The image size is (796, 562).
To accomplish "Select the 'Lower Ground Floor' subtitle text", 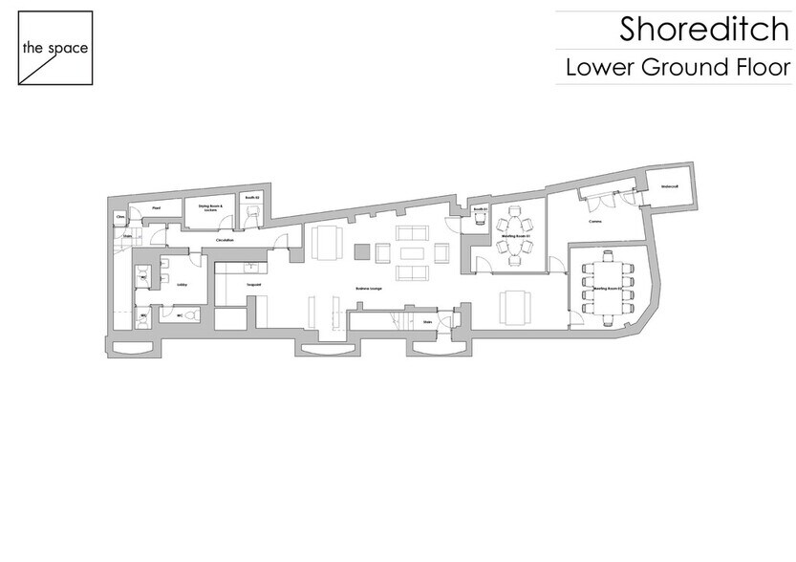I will point(678,68).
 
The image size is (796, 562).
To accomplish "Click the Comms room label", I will point(594,221).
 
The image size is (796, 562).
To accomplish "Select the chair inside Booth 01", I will point(480,218).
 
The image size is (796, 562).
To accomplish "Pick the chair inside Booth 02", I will point(251,216).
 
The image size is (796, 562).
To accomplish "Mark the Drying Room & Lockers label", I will point(210,207).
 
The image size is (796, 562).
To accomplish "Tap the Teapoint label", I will point(252,285).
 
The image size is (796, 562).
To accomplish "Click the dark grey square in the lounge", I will point(360,251).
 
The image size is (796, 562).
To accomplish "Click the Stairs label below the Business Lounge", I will point(427,322).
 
